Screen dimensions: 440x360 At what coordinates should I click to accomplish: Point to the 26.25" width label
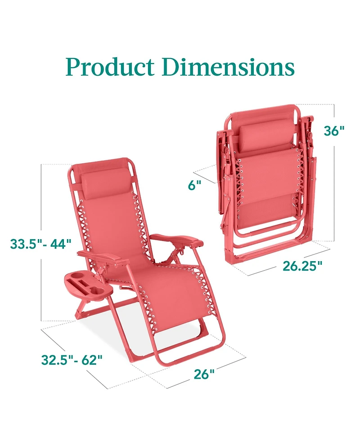pos(303,266)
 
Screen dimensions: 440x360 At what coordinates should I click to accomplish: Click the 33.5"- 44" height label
pos(41,244)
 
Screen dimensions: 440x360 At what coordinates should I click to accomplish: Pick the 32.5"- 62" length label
pos(72,360)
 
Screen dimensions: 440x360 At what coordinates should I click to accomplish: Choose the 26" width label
pos(204,374)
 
